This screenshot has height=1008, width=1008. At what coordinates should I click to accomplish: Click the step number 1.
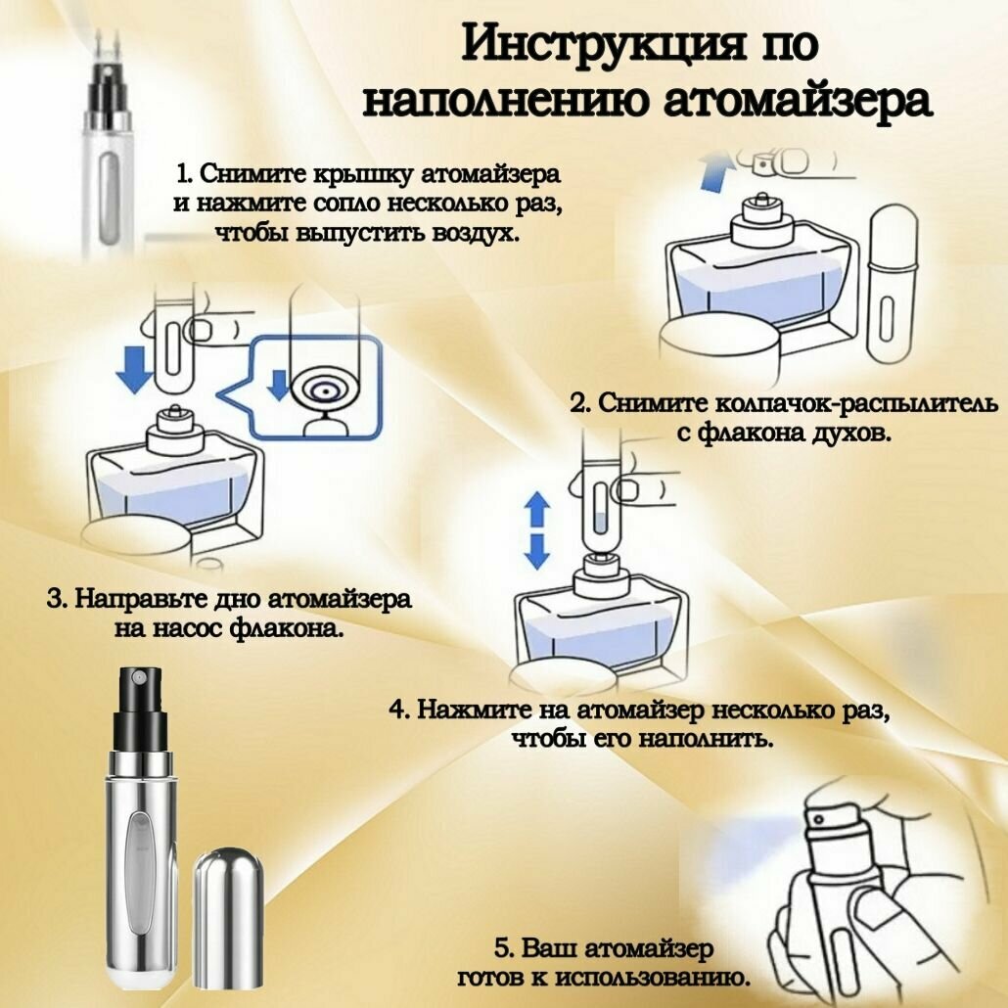[184, 174]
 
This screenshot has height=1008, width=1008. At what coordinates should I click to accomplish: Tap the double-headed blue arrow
[536, 529]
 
